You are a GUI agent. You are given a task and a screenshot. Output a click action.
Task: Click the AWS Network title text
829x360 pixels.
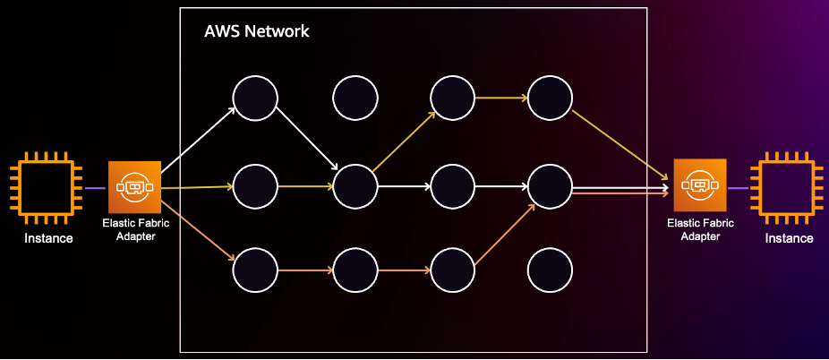(x=256, y=31)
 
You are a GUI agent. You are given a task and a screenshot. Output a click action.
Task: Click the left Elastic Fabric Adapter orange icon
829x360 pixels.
(x=134, y=187)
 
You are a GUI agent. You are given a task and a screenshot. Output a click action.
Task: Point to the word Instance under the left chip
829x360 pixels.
(x=48, y=238)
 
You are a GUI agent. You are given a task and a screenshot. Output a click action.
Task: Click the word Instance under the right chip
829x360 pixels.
(x=789, y=238)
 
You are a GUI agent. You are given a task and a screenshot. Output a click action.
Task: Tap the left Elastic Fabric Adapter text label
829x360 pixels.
(x=134, y=229)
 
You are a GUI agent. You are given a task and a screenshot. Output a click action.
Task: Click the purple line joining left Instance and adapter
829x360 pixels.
(x=94, y=188)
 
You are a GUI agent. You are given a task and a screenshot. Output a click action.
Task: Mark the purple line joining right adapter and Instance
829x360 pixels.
(x=740, y=188)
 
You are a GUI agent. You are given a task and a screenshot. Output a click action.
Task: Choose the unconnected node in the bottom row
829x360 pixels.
(x=550, y=269)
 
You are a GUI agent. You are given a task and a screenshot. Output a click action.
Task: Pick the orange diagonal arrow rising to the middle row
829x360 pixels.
(x=504, y=235)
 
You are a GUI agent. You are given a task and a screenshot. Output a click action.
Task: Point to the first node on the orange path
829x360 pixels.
(x=255, y=269)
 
